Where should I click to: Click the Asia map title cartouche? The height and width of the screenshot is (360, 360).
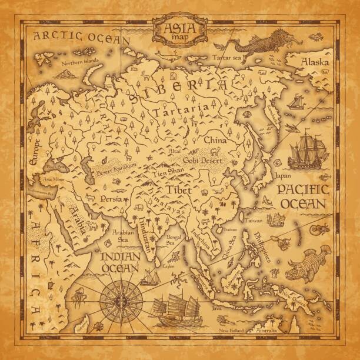[180, 28]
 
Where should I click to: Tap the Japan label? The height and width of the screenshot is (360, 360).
[284, 175]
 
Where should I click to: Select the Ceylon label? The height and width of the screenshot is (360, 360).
[169, 266]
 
